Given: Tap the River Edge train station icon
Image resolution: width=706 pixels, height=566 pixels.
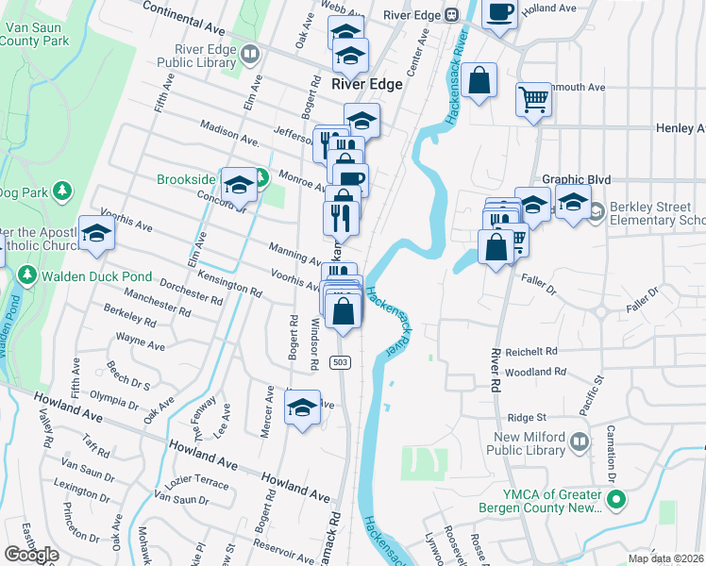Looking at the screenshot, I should pyautogui.click(x=452, y=14).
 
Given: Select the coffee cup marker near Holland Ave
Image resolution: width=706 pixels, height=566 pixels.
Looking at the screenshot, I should pyautogui.click(x=499, y=13).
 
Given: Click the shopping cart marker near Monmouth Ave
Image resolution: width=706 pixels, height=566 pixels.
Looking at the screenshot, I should pyautogui.click(x=533, y=98).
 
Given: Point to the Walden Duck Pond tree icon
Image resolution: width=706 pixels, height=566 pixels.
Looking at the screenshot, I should pyautogui.click(x=26, y=275).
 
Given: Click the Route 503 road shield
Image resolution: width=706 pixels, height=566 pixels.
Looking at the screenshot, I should pyautogui.click(x=341, y=362).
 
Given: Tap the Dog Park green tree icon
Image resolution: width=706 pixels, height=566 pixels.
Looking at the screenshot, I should pyautogui.click(x=62, y=191).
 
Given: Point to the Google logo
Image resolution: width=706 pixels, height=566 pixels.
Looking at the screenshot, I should pyautogui.click(x=31, y=554).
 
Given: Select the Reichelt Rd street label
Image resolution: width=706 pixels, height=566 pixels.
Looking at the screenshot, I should pyautogui.click(x=531, y=350).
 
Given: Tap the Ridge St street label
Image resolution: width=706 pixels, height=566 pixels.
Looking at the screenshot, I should pyautogui.click(x=527, y=417).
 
